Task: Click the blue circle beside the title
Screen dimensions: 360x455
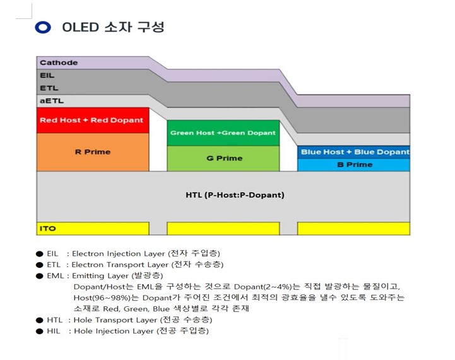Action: (x=42, y=27)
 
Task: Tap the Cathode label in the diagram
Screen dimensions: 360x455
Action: (x=59, y=63)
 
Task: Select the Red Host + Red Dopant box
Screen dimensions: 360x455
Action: (x=92, y=120)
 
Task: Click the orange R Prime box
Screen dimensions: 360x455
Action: (x=93, y=152)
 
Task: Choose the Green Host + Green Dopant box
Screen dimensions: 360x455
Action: (x=223, y=133)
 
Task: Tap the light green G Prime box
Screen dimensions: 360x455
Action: (x=223, y=158)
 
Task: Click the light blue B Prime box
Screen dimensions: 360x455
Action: (x=354, y=164)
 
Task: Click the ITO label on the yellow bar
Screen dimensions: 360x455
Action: (x=48, y=228)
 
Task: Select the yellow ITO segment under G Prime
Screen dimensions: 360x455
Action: (x=223, y=228)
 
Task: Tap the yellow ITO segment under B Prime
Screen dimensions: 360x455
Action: (x=353, y=228)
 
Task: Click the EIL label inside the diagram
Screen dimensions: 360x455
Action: (x=47, y=75)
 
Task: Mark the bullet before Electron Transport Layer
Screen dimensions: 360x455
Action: (x=40, y=265)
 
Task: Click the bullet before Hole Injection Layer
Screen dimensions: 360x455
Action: (x=40, y=331)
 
